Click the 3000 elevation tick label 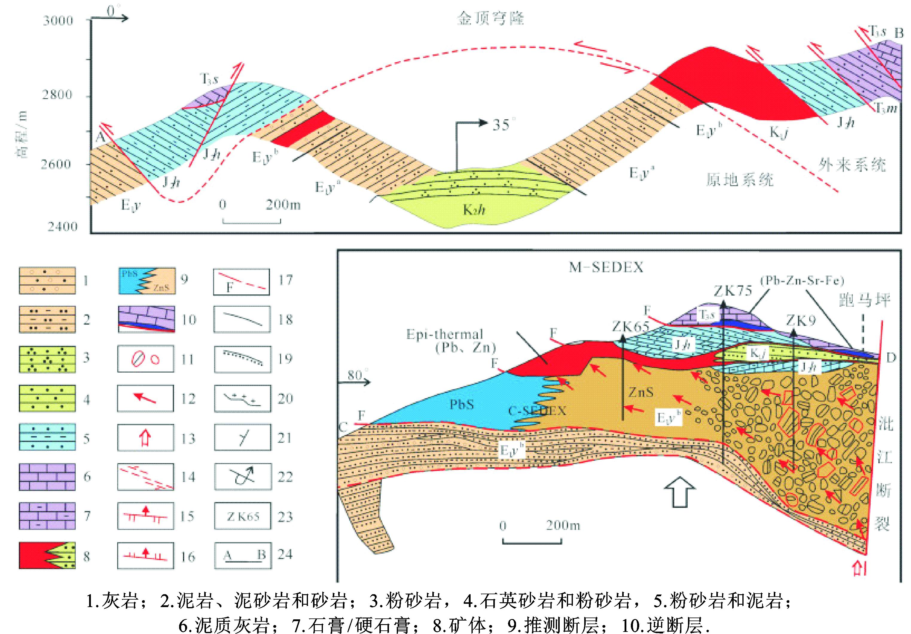tap(58, 21)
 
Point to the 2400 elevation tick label tap(63, 227)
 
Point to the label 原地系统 tap(740, 180)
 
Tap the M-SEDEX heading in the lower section tap(606, 267)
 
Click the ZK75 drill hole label tap(733, 291)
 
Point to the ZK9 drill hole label tap(801, 320)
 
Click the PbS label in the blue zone tap(461, 405)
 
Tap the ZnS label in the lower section tap(641, 393)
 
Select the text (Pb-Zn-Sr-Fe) tap(802, 281)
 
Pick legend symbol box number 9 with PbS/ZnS tap(147, 281)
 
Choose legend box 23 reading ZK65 tap(243, 516)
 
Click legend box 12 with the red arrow tap(146, 398)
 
